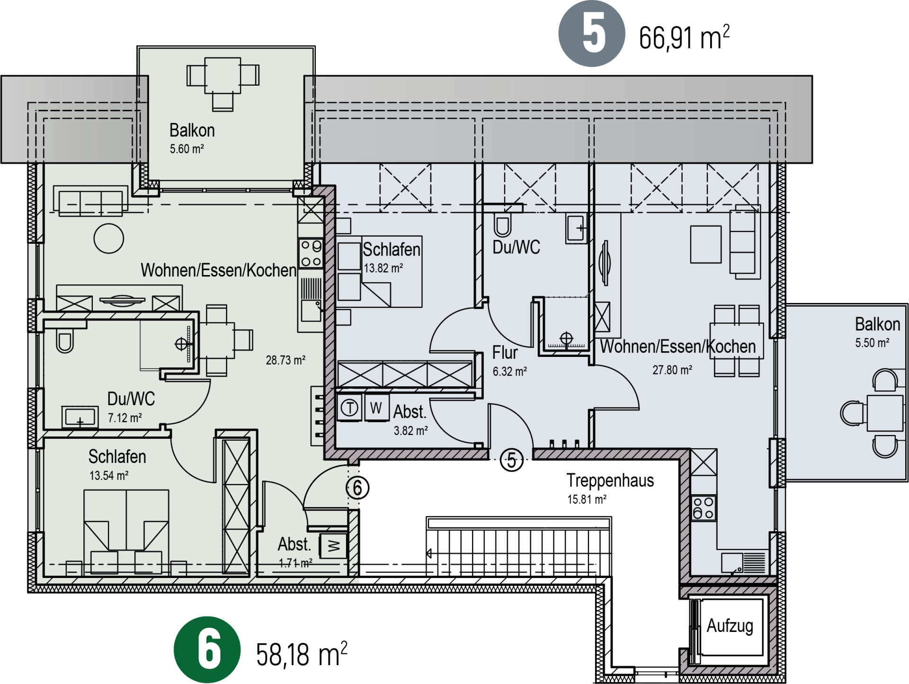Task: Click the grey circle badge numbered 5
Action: coord(592,34)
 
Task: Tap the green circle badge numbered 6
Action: coord(207,649)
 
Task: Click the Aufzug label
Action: coord(730,626)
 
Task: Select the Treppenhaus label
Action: coord(610,480)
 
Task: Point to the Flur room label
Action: coord(505,353)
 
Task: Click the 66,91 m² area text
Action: coord(684,37)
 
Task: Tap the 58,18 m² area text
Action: coord(302,654)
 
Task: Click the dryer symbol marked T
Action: coord(349,408)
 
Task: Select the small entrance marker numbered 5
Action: coord(511,460)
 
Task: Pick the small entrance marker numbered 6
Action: coord(357,488)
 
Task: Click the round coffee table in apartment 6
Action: coord(109,239)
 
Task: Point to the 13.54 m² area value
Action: coord(109,476)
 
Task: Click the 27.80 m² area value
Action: coord(672,370)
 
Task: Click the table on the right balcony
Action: coord(885,413)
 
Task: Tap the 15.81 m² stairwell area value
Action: coord(587,499)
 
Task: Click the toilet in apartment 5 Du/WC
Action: coord(503,225)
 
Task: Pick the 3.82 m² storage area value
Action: coord(411,431)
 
